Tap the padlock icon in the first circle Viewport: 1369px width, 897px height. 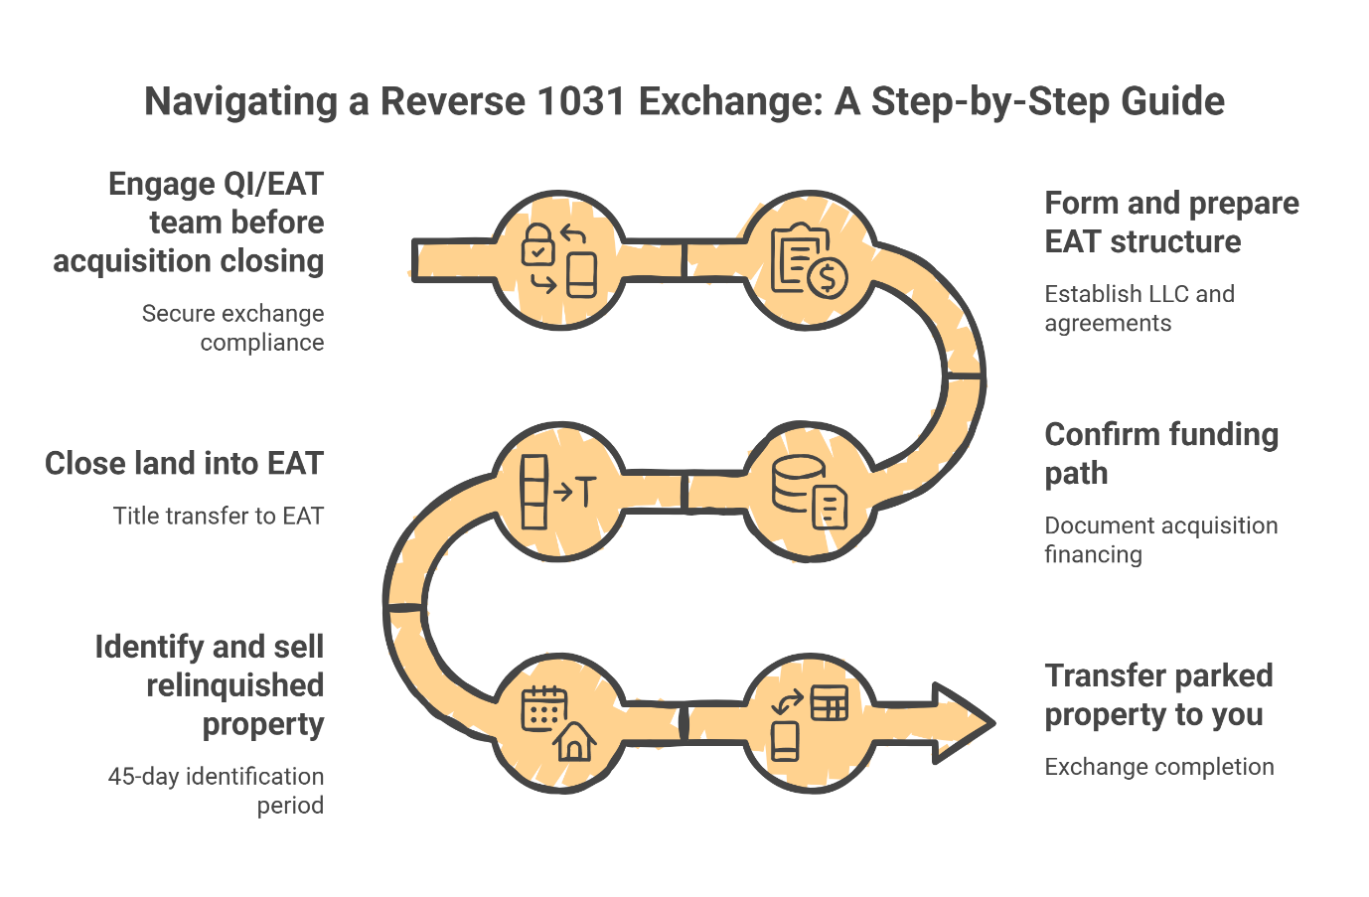[538, 244]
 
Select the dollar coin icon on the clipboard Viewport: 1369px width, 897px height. [828, 277]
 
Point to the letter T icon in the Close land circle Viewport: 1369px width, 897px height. [586, 491]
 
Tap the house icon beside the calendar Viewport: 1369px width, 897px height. [574, 740]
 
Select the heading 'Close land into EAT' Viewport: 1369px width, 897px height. [184, 464]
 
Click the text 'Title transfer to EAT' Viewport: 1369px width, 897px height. [218, 517]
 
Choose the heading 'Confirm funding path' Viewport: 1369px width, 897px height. [1160, 453]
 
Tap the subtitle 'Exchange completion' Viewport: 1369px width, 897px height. [1158, 767]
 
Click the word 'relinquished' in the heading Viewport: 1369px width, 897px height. [234, 685]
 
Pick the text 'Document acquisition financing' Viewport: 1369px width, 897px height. [1160, 539]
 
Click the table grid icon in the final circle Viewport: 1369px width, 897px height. [829, 702]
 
